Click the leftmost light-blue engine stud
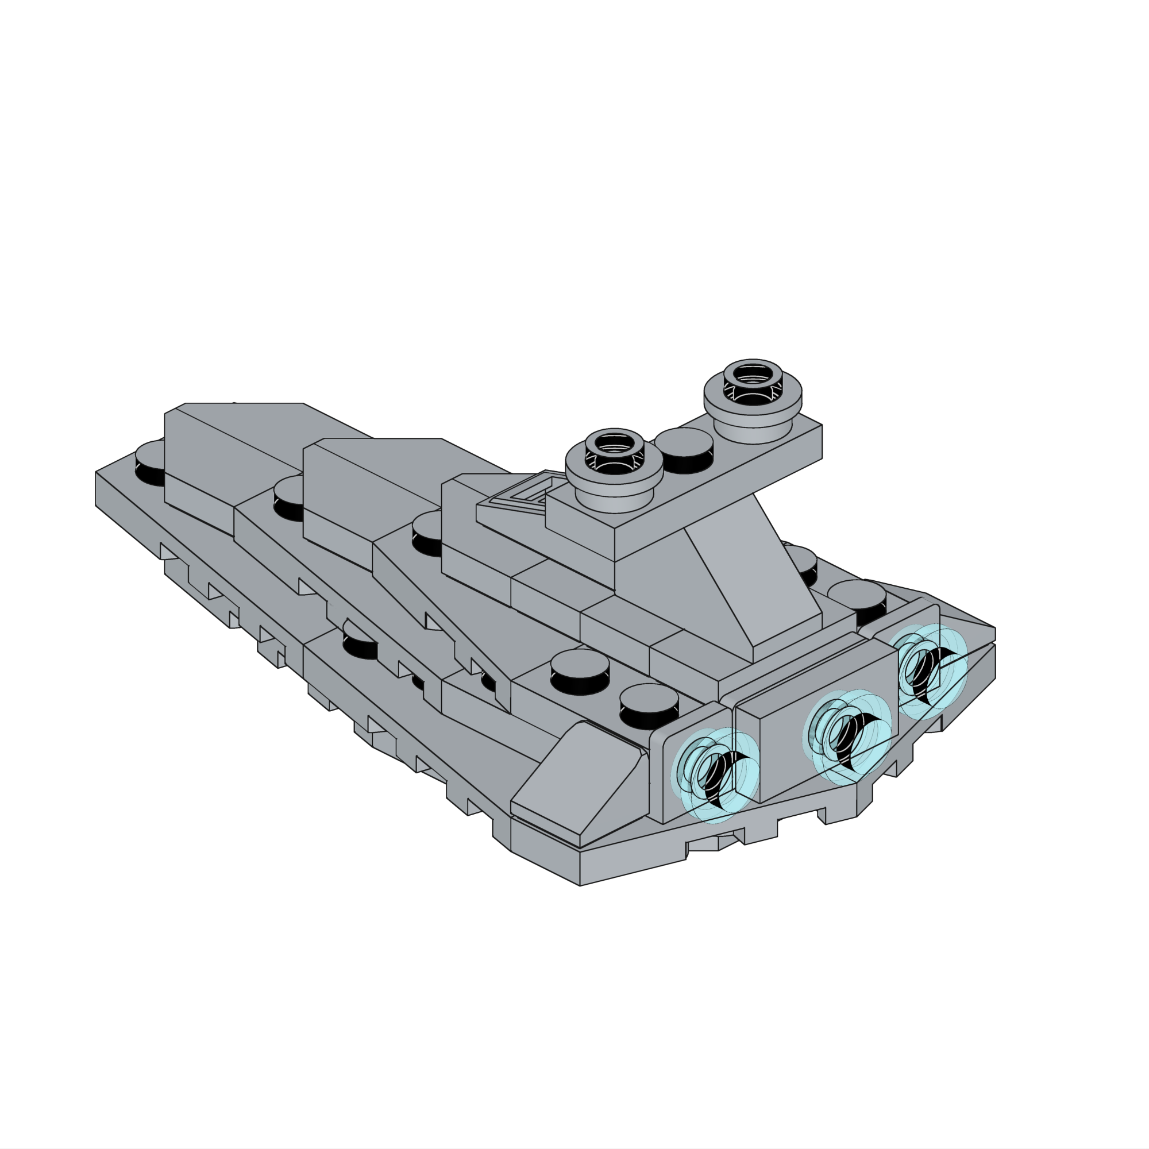[x=715, y=775]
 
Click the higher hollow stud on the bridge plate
[x=753, y=387]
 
